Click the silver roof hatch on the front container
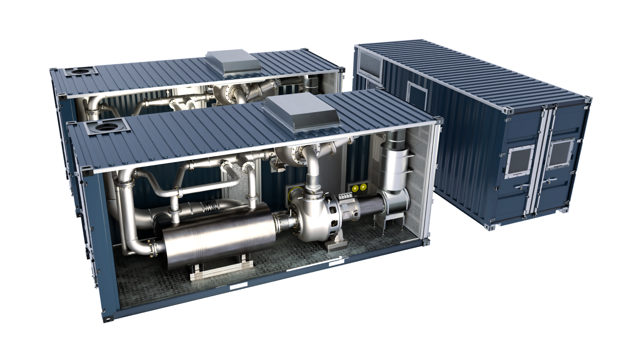click(x=302, y=113)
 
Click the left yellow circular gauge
click(x=354, y=188)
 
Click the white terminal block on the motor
click(x=345, y=197)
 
